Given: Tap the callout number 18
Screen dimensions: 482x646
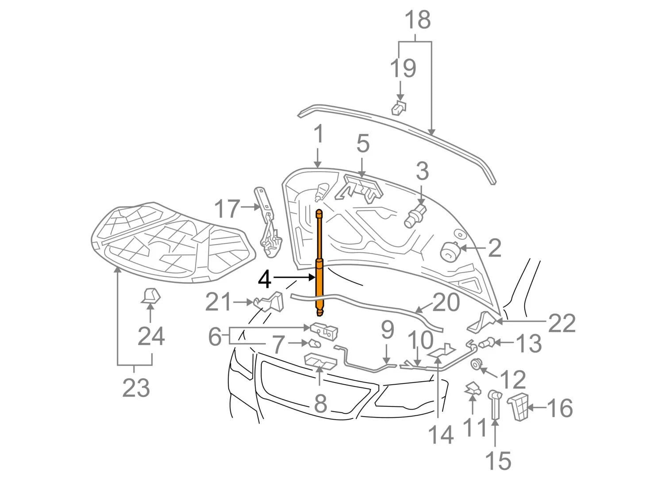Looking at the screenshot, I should coord(417,20).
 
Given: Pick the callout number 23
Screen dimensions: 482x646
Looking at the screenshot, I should coord(136,388).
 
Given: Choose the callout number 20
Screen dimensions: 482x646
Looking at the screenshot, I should coord(446,303).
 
